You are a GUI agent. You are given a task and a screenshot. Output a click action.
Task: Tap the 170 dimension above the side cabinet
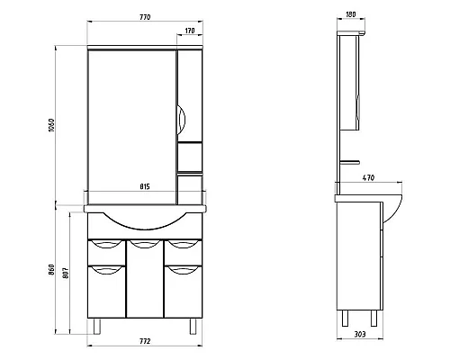click(x=188, y=32)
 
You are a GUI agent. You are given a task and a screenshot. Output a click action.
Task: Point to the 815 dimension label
click(x=146, y=187)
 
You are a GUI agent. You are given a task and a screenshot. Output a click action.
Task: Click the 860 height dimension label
click(x=53, y=269)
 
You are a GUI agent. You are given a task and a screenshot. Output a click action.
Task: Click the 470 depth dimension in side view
click(x=368, y=179)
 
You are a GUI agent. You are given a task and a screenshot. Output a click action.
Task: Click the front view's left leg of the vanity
click(x=95, y=325)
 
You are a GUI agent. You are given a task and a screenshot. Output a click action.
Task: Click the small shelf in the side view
click(x=351, y=163)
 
